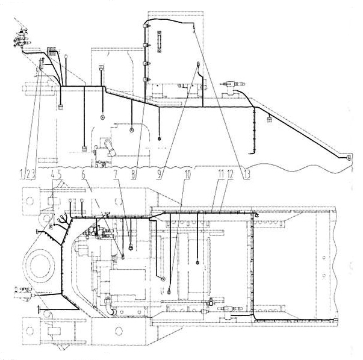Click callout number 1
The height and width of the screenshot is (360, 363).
[x=22, y=174]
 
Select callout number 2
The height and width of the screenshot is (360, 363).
[x=28, y=174]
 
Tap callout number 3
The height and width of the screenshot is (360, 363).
[x=34, y=174]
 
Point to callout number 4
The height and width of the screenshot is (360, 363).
[x=53, y=174]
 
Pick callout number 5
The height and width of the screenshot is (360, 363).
[x=59, y=174]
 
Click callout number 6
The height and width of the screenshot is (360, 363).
[x=84, y=175]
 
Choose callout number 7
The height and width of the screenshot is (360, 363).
[x=116, y=175]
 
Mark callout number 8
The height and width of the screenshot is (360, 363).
[x=134, y=175]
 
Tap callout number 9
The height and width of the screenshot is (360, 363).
[x=159, y=175]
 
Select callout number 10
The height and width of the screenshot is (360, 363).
[x=187, y=175]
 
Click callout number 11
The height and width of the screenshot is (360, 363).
[x=221, y=174]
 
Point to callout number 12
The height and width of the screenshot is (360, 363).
[x=231, y=174]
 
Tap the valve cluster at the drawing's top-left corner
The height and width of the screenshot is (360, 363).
[x=22, y=37]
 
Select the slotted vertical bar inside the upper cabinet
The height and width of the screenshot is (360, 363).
[x=160, y=42]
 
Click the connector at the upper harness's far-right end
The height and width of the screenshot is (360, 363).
[x=348, y=158]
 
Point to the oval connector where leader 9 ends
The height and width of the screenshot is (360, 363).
[x=199, y=64]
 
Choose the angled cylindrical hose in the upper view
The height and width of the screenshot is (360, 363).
[x=110, y=148]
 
